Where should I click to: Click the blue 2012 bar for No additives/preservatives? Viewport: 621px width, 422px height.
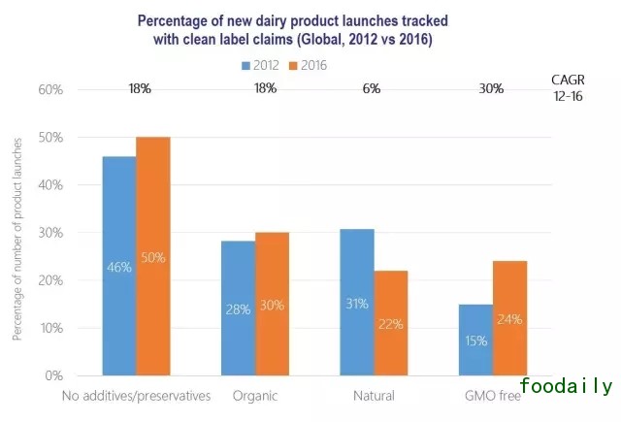118,266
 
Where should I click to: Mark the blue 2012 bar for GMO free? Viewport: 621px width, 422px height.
475,341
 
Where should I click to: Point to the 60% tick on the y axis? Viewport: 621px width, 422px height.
50,89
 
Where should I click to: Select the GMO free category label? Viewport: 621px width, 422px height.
492,395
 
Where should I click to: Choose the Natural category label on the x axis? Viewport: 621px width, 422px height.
374,395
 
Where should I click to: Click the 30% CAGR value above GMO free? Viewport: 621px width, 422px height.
491,89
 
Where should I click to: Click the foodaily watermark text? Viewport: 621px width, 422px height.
566,387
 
